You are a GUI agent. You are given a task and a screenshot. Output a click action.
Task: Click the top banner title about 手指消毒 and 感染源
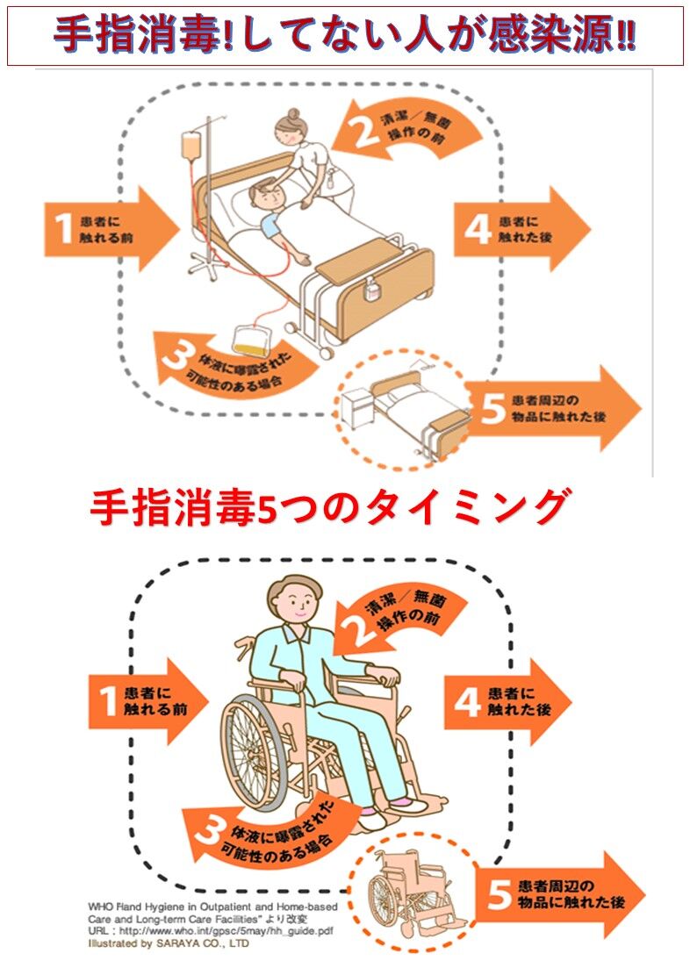pyautogui.click(x=345, y=36)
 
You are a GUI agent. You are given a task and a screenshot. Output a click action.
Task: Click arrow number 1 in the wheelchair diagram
pyautogui.click(x=145, y=700)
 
